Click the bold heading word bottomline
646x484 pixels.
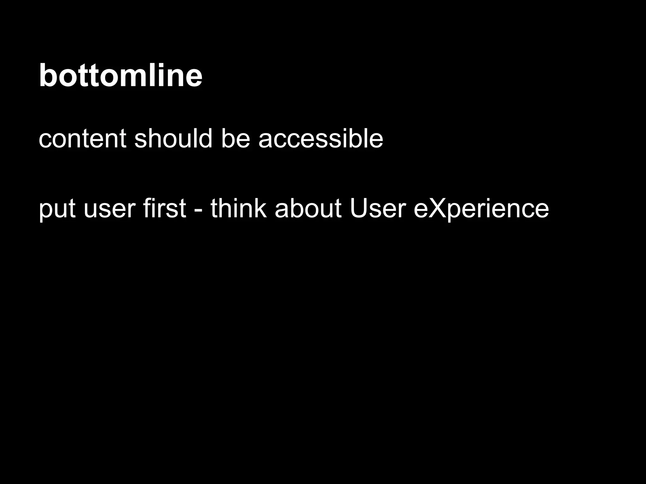(120, 75)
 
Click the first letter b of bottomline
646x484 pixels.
(47, 75)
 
